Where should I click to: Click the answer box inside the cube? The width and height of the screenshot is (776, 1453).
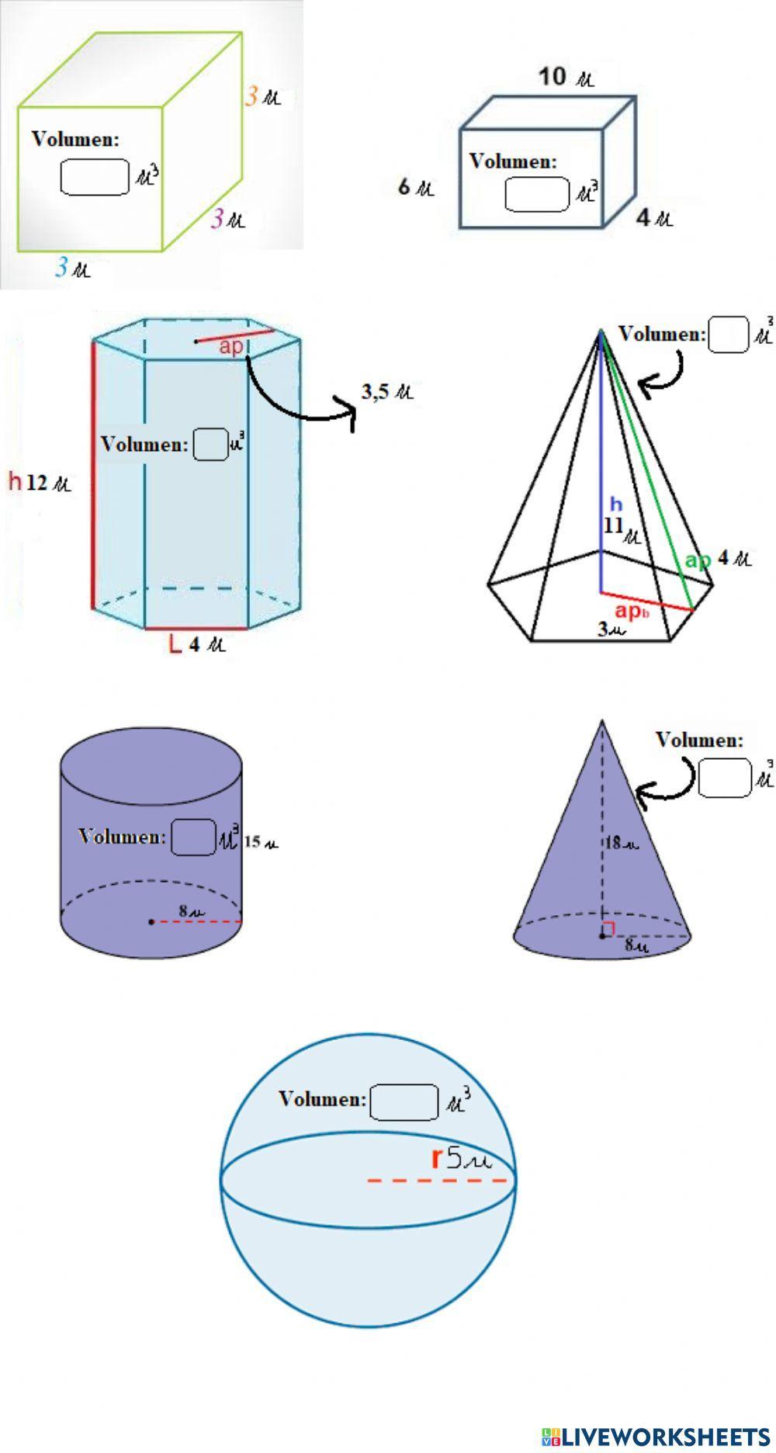tap(95, 177)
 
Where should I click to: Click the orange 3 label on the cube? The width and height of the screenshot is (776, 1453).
tap(253, 97)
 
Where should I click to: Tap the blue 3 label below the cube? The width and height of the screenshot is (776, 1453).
tap(62, 269)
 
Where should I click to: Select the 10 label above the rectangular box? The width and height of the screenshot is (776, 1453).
tap(553, 77)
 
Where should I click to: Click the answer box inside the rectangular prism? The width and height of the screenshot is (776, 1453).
tap(538, 194)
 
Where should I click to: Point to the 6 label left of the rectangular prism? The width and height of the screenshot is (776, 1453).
tap(404, 187)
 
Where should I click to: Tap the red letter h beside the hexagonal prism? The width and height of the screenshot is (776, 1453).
tap(15, 482)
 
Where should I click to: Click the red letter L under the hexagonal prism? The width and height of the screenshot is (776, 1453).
tap(176, 644)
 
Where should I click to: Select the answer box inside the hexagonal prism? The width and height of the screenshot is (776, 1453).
tap(210, 445)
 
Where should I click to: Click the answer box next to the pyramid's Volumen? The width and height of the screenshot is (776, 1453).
tap(728, 335)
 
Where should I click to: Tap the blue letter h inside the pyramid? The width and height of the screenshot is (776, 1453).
tap(615, 504)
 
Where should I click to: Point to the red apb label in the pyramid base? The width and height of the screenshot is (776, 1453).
tap(632, 612)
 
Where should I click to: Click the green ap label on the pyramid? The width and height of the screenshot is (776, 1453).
tap(698, 560)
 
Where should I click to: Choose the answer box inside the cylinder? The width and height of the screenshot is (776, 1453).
tap(193, 837)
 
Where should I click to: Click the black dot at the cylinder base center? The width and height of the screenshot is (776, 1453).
tap(151, 921)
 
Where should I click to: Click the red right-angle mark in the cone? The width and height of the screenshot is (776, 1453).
tap(609, 928)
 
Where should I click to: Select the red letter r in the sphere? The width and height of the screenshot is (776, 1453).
tap(437, 1159)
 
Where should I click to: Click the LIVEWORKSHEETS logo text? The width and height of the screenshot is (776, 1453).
tap(666, 1435)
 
